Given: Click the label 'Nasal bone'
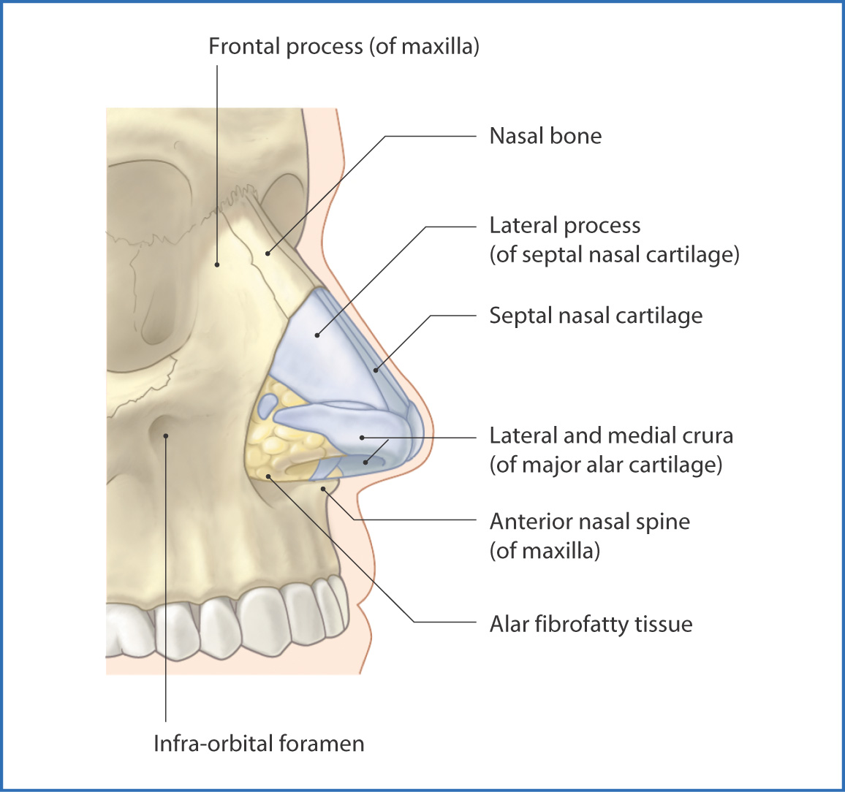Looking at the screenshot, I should (x=545, y=136).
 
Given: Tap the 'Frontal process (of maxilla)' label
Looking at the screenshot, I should (x=344, y=47).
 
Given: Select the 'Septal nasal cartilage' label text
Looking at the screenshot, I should (x=596, y=316).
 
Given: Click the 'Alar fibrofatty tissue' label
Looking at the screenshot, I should (x=591, y=624).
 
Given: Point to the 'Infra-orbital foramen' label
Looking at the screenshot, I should (x=259, y=744).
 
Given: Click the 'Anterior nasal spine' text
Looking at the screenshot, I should (x=589, y=522).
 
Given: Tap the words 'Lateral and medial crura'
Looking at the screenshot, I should (x=611, y=436).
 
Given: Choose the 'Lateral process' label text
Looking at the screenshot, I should (x=564, y=226).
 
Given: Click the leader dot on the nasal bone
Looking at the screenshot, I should (x=268, y=254).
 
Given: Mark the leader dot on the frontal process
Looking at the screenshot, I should (x=217, y=264).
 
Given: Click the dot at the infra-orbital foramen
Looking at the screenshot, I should (x=167, y=436).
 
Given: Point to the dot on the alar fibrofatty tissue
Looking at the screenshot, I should (x=269, y=476).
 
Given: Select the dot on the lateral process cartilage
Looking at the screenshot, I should (x=317, y=335).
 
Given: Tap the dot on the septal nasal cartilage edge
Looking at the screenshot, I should (x=376, y=370).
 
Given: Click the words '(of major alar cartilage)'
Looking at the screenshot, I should (x=605, y=465).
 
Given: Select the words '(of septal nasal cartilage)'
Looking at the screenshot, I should (x=614, y=255).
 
